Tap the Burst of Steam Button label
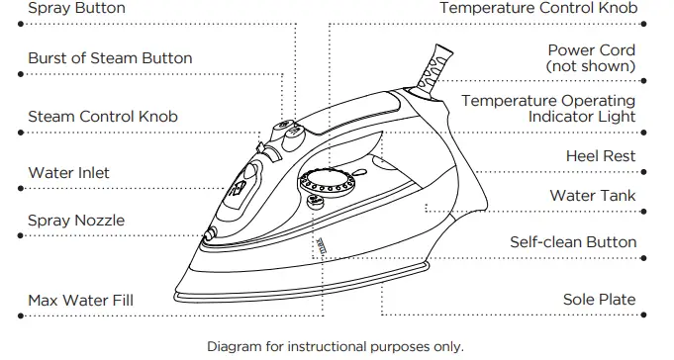[x=109, y=58]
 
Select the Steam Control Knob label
[x=103, y=117]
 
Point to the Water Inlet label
[x=68, y=173]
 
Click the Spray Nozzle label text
[x=76, y=221]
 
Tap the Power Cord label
[x=591, y=49]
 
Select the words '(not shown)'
[x=590, y=66]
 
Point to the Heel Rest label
[x=600, y=156]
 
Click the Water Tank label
[x=593, y=196]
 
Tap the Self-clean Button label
[x=572, y=242]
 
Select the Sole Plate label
[x=599, y=300]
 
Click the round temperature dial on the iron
[x=324, y=184]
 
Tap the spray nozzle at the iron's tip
[x=210, y=233]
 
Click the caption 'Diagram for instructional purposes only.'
[x=335, y=347]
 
